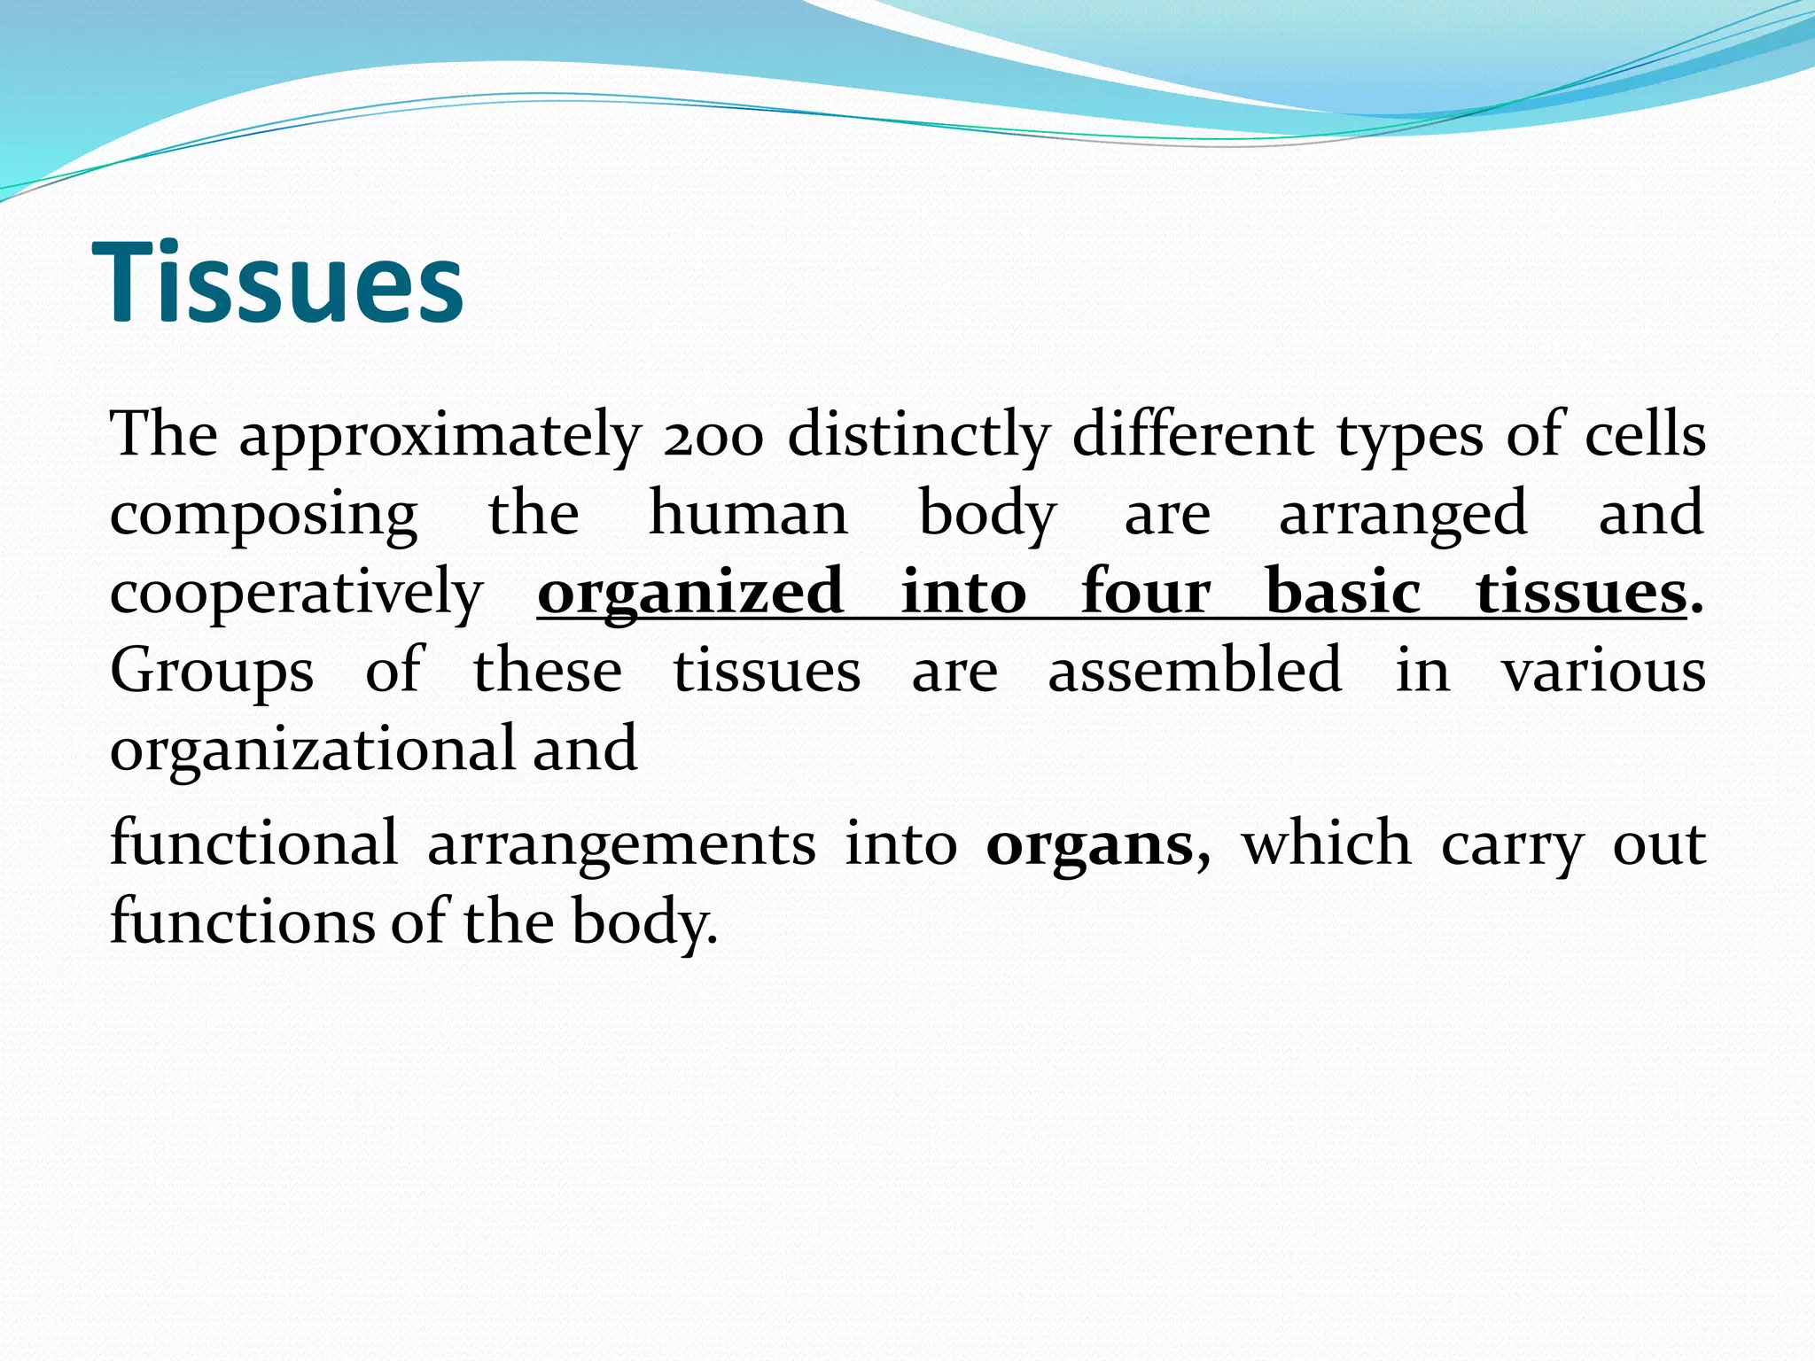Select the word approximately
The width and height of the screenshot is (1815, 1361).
440,437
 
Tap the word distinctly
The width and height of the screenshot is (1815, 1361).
918,435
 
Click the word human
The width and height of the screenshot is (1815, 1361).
748,513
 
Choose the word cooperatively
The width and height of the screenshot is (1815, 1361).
296,593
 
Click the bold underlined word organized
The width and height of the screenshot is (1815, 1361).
690,593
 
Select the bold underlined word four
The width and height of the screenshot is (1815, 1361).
1145,591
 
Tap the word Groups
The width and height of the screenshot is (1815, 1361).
212,672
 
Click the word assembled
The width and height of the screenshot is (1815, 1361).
1194,670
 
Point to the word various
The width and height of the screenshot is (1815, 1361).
1603,671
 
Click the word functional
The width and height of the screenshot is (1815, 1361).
253,844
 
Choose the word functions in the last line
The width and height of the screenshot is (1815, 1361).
242,922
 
